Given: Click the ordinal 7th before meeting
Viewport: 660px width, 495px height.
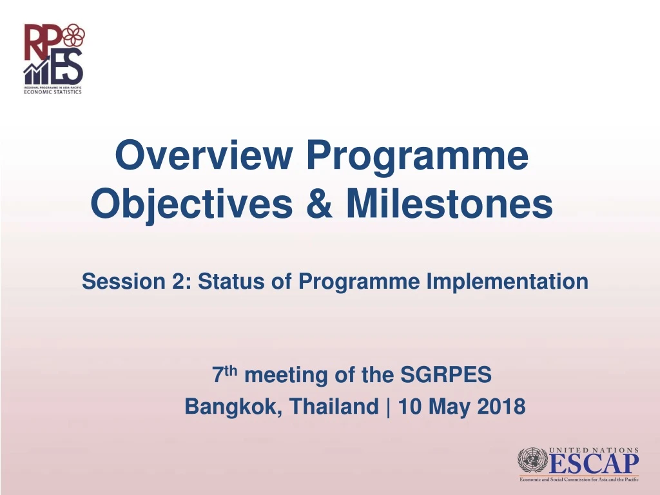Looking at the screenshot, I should [225, 374].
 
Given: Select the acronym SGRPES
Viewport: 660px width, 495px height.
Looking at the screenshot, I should [446, 374].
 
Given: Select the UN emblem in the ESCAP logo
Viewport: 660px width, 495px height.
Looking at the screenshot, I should [533, 462].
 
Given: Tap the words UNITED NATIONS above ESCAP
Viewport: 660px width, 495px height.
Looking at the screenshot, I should [594, 450].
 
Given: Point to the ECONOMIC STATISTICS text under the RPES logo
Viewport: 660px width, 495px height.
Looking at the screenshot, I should [53, 92].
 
